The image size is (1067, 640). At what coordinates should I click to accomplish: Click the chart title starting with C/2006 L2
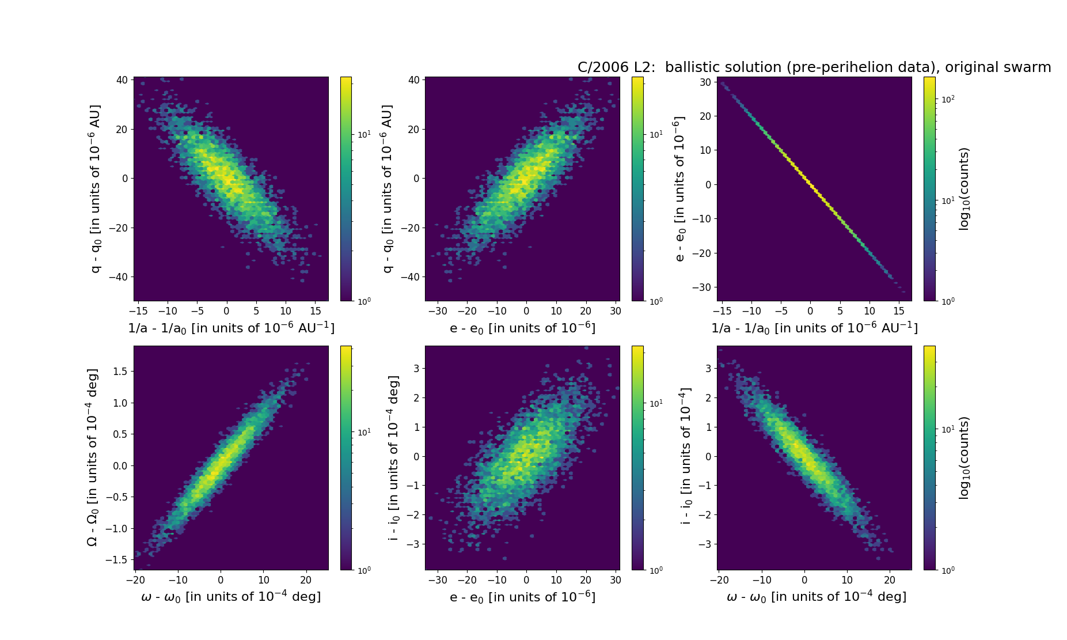click(814, 67)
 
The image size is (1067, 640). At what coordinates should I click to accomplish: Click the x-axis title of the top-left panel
click(231, 328)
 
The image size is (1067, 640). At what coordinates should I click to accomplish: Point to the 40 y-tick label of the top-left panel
click(122, 80)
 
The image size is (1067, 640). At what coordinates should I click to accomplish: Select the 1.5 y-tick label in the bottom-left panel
click(120, 372)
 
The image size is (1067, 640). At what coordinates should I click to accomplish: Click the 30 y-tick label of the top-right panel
click(705, 82)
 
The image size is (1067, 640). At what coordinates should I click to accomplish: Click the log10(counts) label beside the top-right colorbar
click(964, 189)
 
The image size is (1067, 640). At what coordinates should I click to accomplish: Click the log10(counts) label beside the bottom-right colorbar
click(964, 458)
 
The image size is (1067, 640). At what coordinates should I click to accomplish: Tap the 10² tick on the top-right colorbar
click(948, 100)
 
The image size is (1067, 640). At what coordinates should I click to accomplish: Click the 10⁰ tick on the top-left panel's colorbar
click(364, 301)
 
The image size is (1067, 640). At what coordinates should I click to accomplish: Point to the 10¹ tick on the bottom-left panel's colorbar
click(364, 432)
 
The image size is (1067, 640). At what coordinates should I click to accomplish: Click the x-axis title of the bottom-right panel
click(816, 597)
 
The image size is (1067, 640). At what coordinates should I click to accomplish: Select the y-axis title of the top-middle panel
click(388, 189)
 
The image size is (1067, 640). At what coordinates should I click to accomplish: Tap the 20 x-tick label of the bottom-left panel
click(306, 580)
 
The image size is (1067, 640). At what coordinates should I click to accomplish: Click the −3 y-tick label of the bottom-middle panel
click(413, 544)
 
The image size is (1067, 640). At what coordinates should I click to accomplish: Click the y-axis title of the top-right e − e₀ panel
click(679, 189)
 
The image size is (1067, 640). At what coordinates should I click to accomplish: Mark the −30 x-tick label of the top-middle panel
click(438, 311)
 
